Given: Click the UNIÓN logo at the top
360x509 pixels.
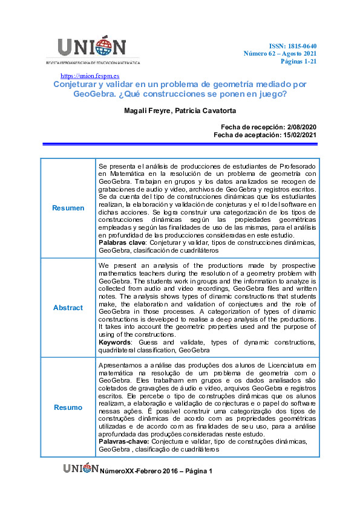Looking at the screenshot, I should coord(92,49).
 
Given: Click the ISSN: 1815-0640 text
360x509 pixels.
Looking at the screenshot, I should coord(293,46).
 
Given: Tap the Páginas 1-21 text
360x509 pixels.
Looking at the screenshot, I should coord(298,62).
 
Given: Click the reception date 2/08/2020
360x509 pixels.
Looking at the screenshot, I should coord(295,126).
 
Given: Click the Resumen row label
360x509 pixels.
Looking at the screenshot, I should coord(68,208).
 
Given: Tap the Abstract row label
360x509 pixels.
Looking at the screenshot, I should coord(68,308).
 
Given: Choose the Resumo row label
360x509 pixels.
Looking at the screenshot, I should coord(68,407).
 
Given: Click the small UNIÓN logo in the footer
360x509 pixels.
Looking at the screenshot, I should coord(80,468).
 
